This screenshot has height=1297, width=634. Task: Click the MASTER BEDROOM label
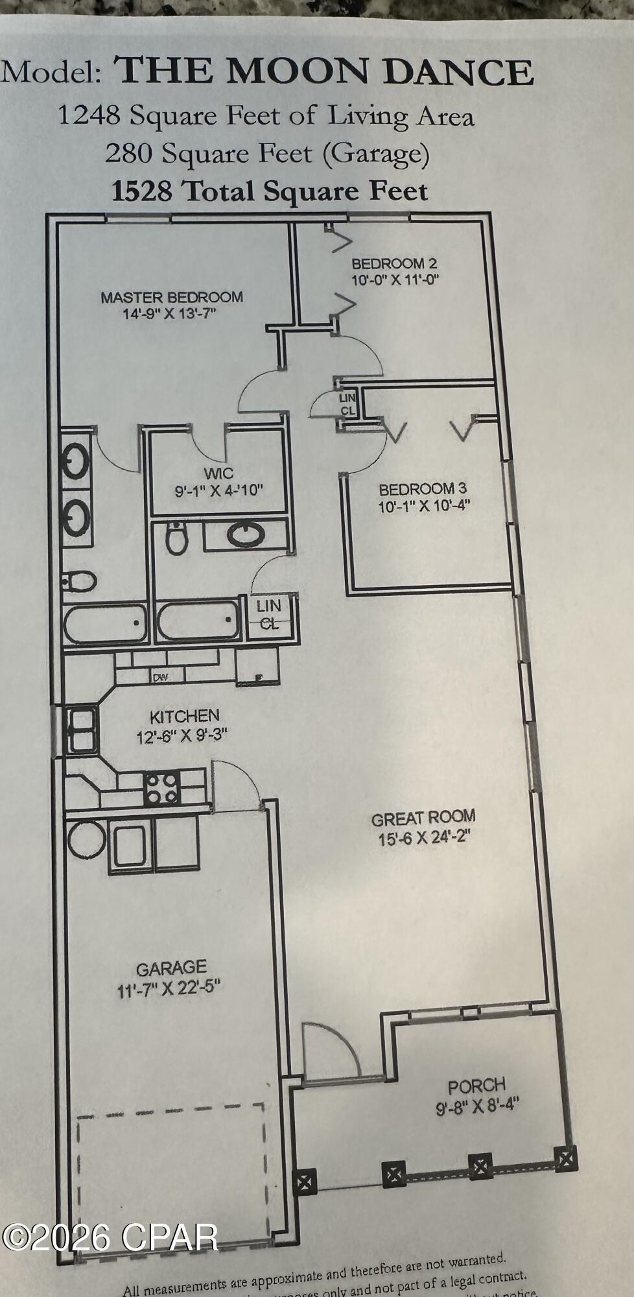click(x=172, y=298)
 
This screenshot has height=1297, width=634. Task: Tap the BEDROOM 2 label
click(x=394, y=263)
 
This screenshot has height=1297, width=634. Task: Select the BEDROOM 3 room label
click(x=423, y=489)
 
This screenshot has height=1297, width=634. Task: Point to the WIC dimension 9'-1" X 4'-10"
click(x=218, y=490)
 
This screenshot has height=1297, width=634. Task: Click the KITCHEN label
click(x=185, y=717)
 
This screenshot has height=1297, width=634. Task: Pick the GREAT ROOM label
click(x=423, y=818)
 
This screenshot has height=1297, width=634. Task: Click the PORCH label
click(x=476, y=1085)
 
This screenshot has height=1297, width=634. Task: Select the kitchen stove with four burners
click(x=161, y=789)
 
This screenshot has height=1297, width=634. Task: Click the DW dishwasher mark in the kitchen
click(x=161, y=678)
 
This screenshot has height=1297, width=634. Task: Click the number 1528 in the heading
click(x=142, y=191)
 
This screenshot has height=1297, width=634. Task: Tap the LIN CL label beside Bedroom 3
click(x=347, y=404)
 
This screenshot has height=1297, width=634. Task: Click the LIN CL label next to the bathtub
click(x=268, y=614)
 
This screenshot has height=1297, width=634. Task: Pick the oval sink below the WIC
click(x=246, y=535)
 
